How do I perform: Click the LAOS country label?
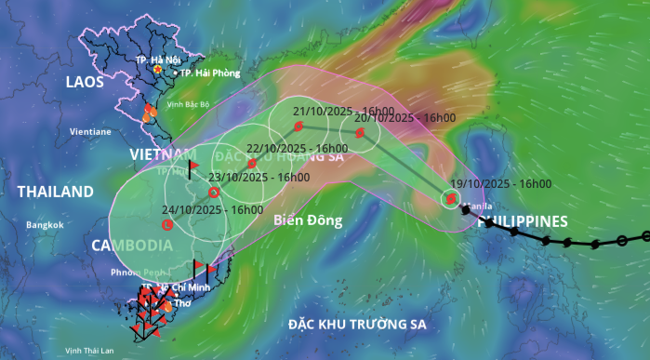tap(85, 83)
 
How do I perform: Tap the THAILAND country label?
tap(56, 192)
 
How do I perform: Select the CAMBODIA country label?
tap(131, 245)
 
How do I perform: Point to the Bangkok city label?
tap(45, 225)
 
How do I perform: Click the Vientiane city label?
tap(90, 132)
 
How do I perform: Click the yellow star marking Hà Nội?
tap(158, 69)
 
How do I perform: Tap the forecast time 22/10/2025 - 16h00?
tap(297, 148)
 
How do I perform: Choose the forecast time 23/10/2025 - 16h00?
tap(259, 177)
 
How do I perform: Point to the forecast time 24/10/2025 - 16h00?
tap(214, 210)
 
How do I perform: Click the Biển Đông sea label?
tap(309, 220)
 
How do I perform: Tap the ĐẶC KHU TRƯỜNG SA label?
tap(356, 325)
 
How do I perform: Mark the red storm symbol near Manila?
tap(451, 198)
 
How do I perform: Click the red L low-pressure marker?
tap(167, 224)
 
